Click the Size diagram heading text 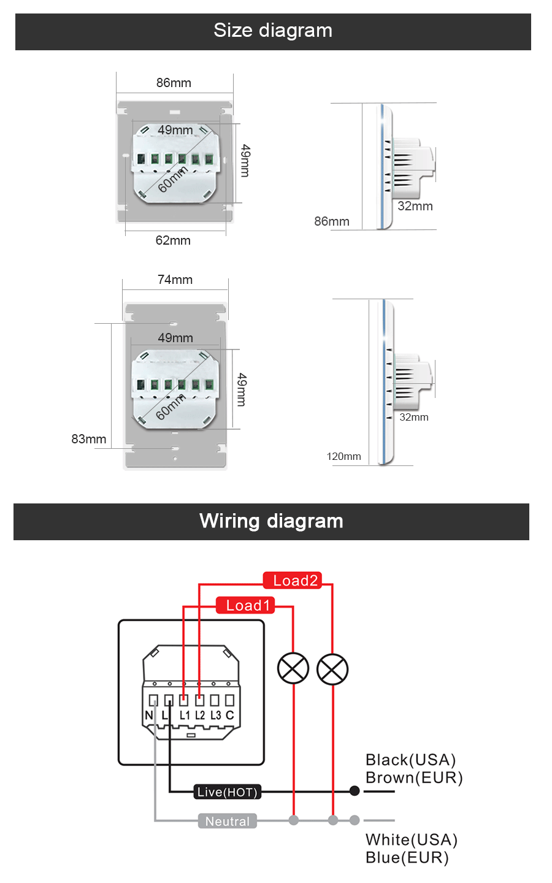coord(273,31)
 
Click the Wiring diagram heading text coord(271,521)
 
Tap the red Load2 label coord(293,581)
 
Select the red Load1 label coord(246,606)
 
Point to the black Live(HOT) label coord(227,792)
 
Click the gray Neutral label coord(227,822)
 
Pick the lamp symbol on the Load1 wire coord(293,668)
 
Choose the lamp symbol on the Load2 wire coord(332,668)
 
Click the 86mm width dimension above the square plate coord(174,83)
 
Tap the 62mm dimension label coord(173,240)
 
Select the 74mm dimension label coord(175,280)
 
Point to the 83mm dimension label coord(88,439)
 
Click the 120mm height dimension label coord(343,456)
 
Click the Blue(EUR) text coord(407,857)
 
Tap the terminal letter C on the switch coord(230,715)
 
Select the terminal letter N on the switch coord(149,715)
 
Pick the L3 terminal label coord(215,715)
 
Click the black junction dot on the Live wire coord(355,791)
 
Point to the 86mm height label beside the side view coord(332,221)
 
